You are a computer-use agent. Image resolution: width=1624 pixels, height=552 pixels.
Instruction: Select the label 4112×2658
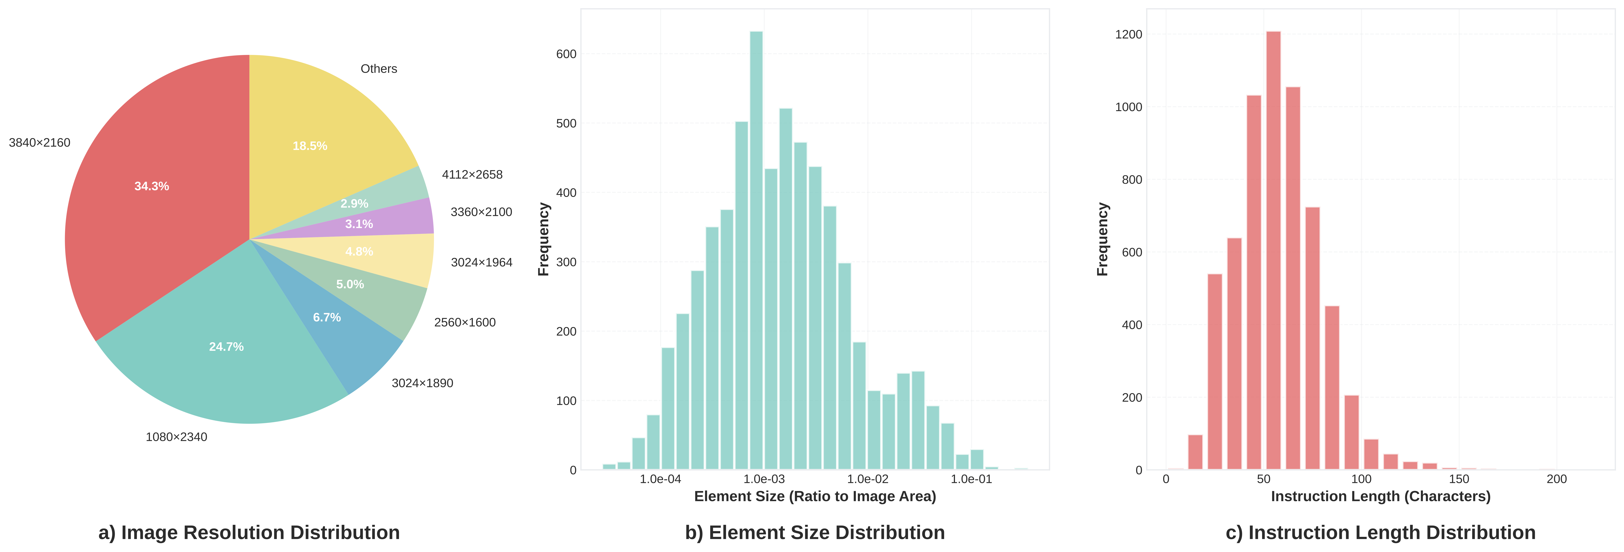472,174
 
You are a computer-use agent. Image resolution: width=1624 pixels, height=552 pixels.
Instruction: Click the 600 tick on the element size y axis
566,54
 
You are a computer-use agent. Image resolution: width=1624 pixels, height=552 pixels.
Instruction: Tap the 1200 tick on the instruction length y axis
1129,35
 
